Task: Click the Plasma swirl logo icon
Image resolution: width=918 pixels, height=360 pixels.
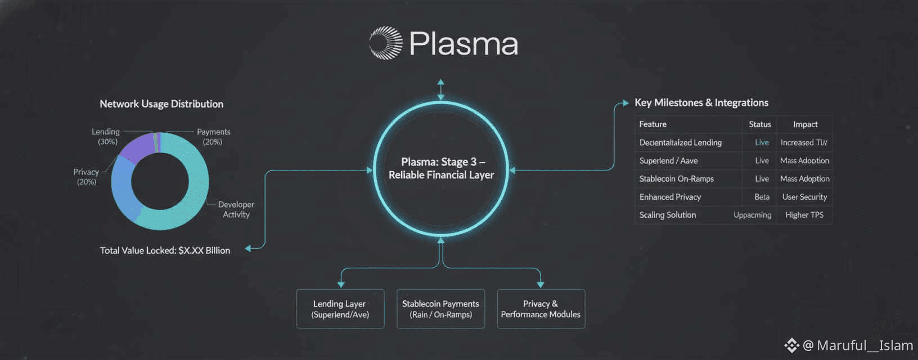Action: pos(386,43)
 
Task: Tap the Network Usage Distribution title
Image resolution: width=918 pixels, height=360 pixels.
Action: pos(161,104)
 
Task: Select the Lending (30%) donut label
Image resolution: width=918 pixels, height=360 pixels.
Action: pos(106,137)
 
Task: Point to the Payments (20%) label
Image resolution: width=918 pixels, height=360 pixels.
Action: pos(213,137)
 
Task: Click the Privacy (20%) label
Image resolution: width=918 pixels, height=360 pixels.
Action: pos(86,177)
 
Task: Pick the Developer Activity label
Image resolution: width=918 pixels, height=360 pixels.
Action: pos(236,209)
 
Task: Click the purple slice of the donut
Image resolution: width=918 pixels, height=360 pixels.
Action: pos(137,147)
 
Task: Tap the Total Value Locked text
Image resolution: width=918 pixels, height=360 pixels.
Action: pos(165,250)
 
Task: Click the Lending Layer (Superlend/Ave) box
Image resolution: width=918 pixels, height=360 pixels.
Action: pos(340,309)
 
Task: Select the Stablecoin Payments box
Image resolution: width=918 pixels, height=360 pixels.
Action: pos(440,309)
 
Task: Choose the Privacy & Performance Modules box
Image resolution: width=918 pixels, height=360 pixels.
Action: pos(541,309)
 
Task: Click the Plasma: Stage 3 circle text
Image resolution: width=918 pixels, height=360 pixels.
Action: pos(442,168)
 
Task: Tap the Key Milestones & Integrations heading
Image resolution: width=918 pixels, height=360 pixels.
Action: pos(701,102)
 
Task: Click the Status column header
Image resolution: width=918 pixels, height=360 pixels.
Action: pos(759,124)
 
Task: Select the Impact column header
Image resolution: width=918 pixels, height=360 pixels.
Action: pos(805,124)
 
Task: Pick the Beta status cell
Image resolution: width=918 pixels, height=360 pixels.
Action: pos(762,197)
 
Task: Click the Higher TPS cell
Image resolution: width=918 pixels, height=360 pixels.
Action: pos(804,215)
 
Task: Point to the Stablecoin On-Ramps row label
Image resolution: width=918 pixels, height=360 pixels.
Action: pos(677,179)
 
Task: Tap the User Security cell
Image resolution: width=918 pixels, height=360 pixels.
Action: pos(804,197)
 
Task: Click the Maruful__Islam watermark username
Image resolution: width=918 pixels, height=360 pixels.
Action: pos(865,345)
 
